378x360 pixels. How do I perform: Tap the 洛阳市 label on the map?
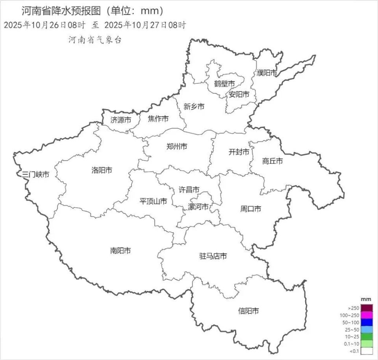coord(102,170)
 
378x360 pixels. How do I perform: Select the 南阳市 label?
coord(120,251)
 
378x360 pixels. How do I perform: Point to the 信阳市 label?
coord(248,311)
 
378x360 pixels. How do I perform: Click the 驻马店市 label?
coord(213,256)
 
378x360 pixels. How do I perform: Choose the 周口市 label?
coord(251,209)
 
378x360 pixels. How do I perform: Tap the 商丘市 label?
coord(272,161)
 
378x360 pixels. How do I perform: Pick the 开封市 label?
coord(239,152)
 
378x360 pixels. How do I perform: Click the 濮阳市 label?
coord(267,73)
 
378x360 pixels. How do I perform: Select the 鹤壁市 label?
coord(224,84)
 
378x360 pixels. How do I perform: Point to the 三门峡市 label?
coord(36,174)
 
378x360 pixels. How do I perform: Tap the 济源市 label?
coord(120,120)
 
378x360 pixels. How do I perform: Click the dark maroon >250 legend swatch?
coord(367,308)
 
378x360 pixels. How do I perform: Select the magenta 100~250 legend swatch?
coord(367,315)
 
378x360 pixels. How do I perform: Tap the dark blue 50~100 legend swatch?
coord(367,322)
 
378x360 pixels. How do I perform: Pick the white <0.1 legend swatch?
coord(367,351)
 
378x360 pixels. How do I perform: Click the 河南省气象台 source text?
coord(95,40)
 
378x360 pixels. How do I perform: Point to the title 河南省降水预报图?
coord(67,11)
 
